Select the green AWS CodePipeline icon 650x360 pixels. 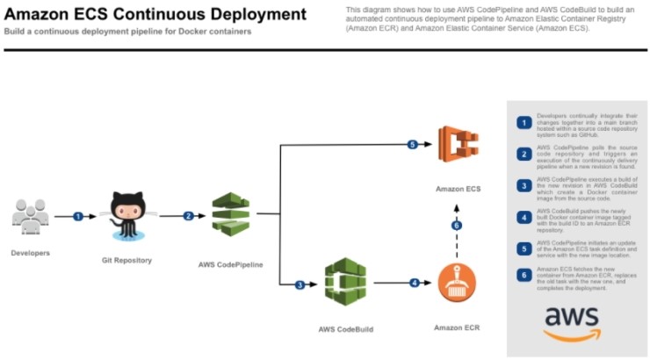231,211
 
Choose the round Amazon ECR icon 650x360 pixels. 456,284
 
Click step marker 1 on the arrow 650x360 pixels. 77,216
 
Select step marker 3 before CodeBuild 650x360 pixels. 299,284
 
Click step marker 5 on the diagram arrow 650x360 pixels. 412,145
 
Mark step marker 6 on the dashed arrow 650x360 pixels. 456,225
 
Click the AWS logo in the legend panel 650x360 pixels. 571,322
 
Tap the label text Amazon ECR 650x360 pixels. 457,328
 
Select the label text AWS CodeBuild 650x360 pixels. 345,329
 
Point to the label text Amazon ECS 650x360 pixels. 458,189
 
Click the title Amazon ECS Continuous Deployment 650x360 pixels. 155,14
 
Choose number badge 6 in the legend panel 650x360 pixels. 524,275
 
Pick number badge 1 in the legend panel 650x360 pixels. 524,122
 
